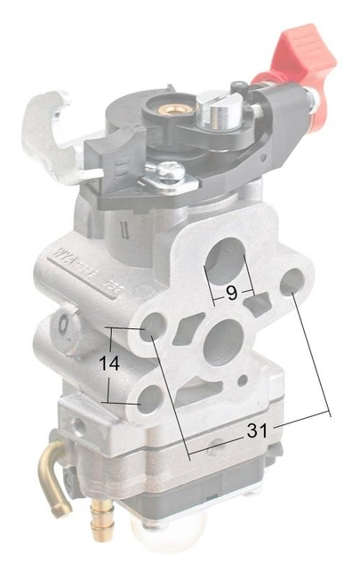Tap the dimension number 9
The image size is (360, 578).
[x=231, y=293]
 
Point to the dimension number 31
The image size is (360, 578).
[x=257, y=431]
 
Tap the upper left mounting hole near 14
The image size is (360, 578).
[x=151, y=324]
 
